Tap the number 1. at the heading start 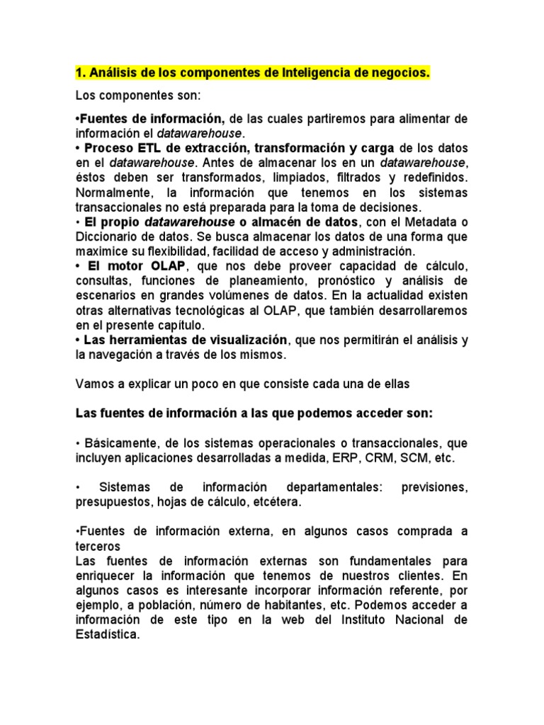[80, 73]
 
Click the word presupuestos [110, 501]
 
